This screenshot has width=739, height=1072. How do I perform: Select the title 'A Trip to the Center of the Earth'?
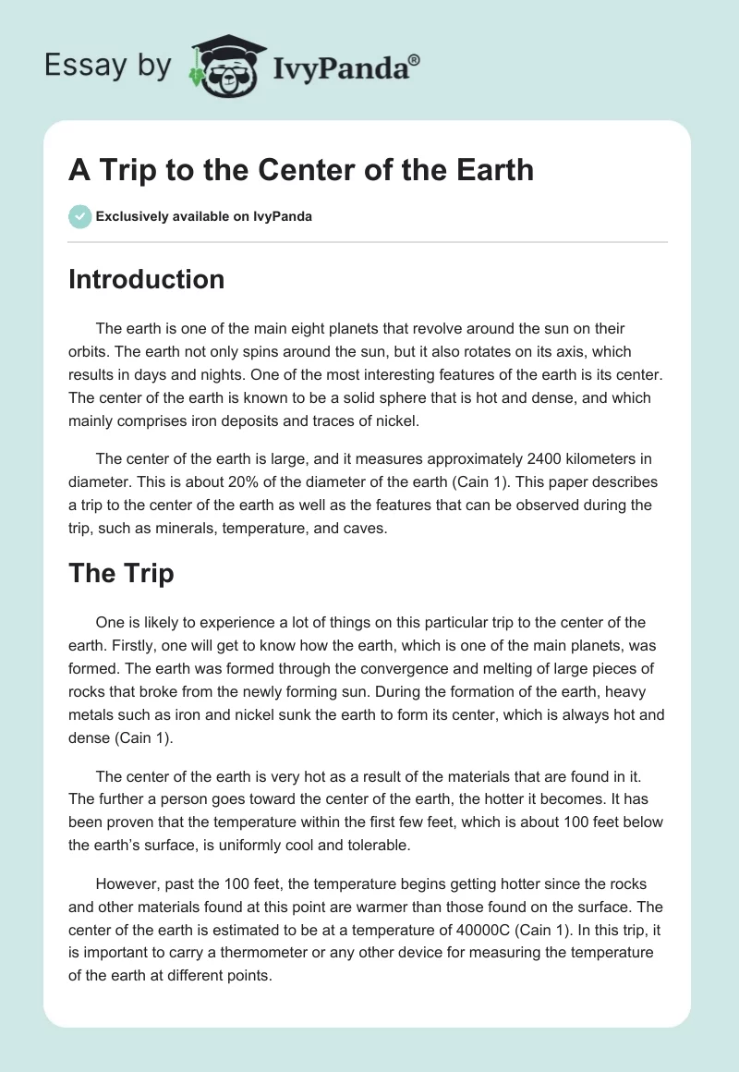(301, 170)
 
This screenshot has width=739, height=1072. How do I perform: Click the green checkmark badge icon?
(79, 217)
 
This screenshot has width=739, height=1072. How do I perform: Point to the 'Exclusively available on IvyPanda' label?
(203, 217)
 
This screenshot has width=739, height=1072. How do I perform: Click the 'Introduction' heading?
(146, 279)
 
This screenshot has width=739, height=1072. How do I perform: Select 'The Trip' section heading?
(121, 573)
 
